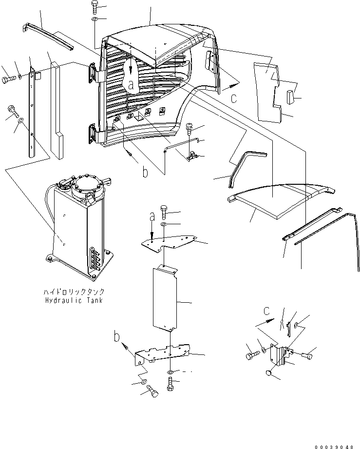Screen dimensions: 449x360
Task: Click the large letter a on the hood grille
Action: point(131,83)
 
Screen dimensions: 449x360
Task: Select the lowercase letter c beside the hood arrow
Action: point(234,98)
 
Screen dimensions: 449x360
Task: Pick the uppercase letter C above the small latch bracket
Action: point(266,311)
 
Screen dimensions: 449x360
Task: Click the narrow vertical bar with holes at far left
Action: point(33,112)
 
